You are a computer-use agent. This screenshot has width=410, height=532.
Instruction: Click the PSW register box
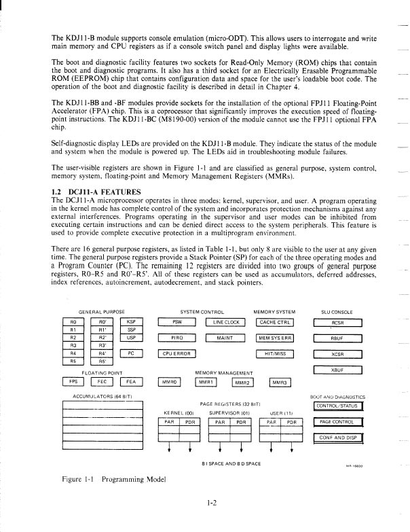(176, 322)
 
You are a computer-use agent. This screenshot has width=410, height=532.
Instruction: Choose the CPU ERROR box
(176, 353)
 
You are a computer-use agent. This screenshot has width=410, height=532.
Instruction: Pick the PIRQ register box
(176, 338)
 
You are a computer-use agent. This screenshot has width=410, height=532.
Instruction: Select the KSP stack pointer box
(132, 322)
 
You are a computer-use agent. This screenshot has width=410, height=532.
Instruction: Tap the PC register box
(132, 353)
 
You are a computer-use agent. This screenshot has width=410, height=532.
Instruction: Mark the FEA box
(132, 381)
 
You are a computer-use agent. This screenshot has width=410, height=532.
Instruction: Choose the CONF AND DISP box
(337, 437)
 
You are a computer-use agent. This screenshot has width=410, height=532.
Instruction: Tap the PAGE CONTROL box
(337, 422)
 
